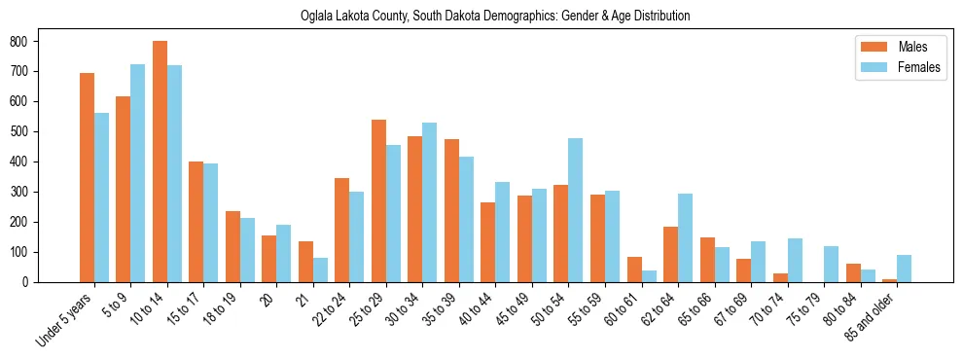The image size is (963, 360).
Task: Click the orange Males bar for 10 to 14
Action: click(x=160, y=162)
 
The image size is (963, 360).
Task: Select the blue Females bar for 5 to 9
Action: click(x=138, y=173)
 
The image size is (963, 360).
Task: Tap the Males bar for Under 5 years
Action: click(x=87, y=177)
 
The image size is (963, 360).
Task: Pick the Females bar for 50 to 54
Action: click(x=576, y=210)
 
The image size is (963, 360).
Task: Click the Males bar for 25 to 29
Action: click(x=378, y=200)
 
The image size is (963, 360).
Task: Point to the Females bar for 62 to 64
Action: click(x=685, y=237)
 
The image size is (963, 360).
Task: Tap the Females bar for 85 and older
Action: click(x=904, y=269)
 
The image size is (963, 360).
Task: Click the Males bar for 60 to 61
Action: click(x=634, y=270)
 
